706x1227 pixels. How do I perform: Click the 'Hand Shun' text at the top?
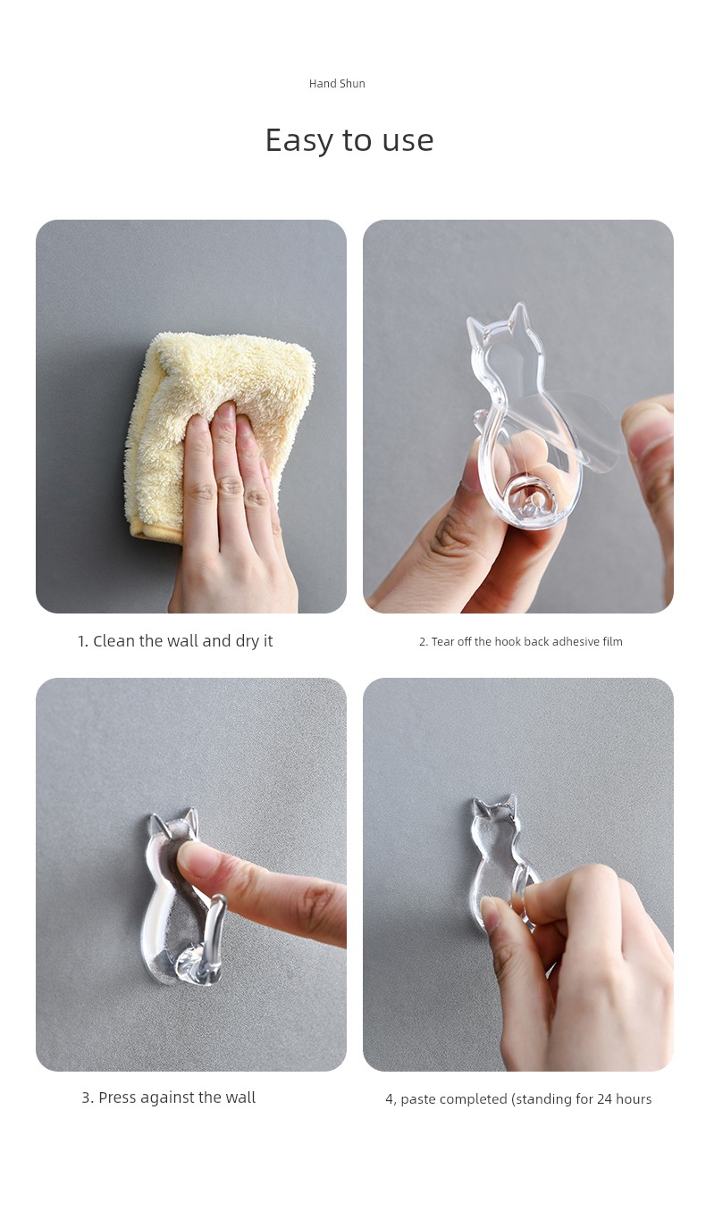tap(337, 83)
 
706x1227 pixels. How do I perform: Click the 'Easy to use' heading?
tap(349, 140)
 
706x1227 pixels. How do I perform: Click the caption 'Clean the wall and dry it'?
tap(175, 641)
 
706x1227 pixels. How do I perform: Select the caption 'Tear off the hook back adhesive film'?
tap(521, 641)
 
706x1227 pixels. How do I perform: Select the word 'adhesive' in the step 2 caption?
tap(576, 641)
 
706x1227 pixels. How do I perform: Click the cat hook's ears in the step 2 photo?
tap(497, 321)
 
